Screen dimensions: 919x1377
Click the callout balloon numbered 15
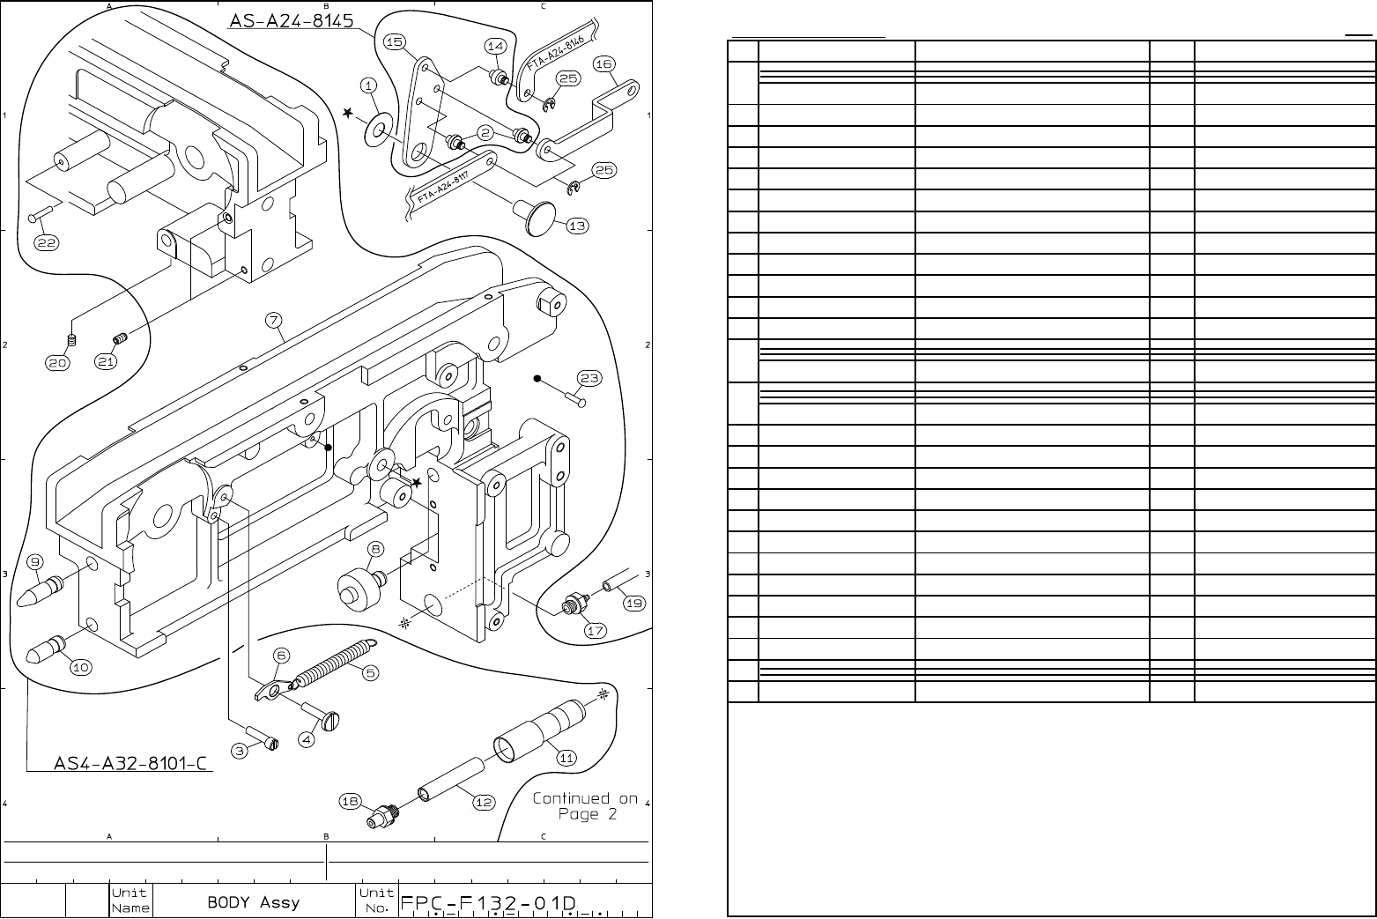[395, 42]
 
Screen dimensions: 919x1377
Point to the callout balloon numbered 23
[589, 379]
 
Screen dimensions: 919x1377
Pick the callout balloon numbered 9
[35, 562]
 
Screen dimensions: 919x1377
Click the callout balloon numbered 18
[351, 800]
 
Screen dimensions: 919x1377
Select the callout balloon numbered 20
[58, 362]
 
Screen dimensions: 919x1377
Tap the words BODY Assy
[254, 902]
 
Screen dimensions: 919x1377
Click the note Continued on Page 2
[584, 806]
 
